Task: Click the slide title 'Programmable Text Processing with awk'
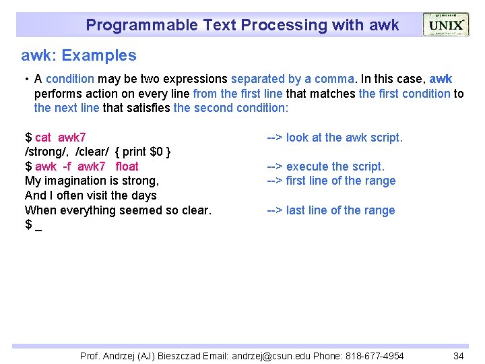242,26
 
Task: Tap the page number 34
459,355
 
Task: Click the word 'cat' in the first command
43,138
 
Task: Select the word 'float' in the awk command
127,166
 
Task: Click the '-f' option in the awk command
67,166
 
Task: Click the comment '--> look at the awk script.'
334,138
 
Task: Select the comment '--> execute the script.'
325,166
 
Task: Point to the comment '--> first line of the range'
331,181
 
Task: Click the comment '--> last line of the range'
331,210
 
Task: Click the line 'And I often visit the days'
90,195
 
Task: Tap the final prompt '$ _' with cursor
33,224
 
